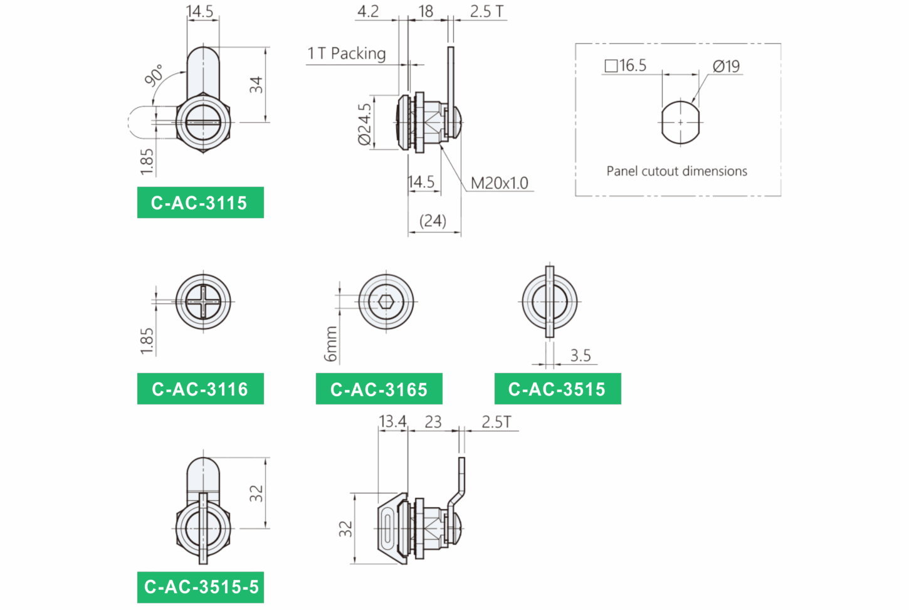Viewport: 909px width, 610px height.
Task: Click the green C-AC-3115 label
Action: coord(201,202)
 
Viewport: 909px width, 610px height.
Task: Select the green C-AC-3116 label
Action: coord(201,389)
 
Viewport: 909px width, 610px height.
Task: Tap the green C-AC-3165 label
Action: coord(379,389)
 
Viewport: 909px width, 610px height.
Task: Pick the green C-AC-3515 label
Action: coord(557,389)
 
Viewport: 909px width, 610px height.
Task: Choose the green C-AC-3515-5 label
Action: coord(201,587)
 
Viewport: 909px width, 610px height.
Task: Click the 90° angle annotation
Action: coord(154,75)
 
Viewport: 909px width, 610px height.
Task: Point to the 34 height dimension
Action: coord(256,85)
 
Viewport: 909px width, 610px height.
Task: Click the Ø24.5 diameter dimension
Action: coord(364,124)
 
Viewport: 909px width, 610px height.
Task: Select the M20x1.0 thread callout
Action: coord(499,183)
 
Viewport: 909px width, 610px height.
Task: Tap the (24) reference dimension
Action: coord(433,221)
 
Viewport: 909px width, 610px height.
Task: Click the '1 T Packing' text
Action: coord(347,53)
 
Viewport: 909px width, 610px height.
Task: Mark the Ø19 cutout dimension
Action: coord(726,66)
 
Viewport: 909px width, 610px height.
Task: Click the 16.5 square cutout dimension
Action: coord(626,65)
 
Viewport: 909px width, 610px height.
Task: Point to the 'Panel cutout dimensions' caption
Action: coord(677,171)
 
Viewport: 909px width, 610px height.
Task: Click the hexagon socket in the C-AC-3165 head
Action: coord(386,302)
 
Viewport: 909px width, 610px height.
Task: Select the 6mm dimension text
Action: coord(331,344)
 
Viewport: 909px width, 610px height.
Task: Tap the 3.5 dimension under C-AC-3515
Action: coord(581,355)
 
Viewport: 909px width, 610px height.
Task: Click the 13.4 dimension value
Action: coord(392,421)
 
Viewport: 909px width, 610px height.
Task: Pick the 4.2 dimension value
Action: coord(368,11)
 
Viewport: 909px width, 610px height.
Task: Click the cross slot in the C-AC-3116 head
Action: coord(203,302)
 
